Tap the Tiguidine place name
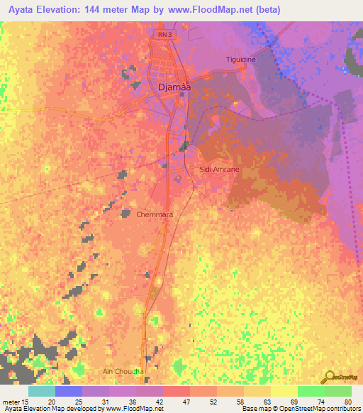240,60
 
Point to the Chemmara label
155,213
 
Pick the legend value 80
347,402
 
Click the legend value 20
51,402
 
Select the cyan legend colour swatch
42,391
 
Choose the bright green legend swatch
311,391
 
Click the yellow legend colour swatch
284,391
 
